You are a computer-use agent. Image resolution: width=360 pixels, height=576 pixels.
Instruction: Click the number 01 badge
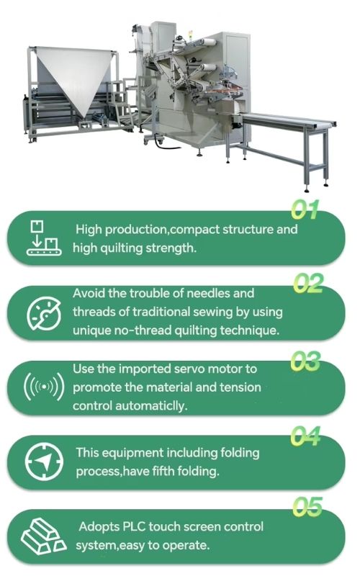point(305,210)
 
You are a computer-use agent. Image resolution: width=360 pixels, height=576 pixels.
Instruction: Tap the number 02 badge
point(308,283)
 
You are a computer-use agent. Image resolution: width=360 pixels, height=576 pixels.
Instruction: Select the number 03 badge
point(305,361)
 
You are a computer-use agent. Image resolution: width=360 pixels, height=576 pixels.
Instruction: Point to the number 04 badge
point(305,436)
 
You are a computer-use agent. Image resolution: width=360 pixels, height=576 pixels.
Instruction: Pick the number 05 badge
point(307,507)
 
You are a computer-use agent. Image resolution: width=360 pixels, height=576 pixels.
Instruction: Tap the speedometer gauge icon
point(44,314)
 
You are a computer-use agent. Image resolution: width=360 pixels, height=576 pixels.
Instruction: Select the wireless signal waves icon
point(44,387)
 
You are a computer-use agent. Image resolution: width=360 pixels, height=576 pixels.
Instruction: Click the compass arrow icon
point(44,462)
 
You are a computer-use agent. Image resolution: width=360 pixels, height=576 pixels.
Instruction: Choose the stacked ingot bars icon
point(44,535)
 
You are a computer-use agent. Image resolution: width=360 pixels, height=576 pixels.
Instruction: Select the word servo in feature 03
point(189,369)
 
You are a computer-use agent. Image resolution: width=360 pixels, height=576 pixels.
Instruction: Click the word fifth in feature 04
point(163,471)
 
